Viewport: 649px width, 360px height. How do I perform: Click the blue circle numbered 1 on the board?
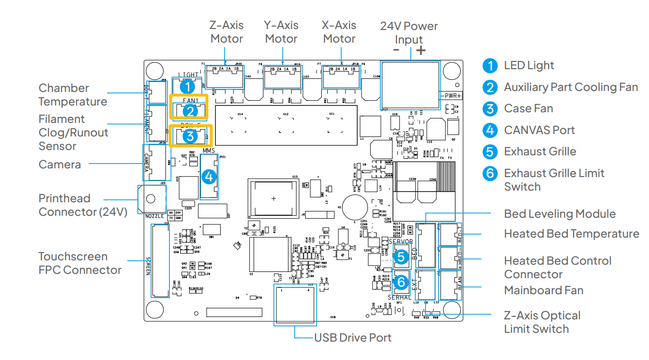(x=187, y=87)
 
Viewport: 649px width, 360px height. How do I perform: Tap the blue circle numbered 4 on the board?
(x=209, y=177)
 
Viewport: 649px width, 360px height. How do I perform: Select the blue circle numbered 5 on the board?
(x=401, y=257)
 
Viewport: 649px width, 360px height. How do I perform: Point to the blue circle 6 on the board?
(x=401, y=282)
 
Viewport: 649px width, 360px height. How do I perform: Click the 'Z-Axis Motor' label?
(x=226, y=32)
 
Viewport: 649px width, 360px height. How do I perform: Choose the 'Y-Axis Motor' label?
(x=281, y=32)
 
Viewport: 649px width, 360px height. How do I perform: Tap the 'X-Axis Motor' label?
(x=339, y=32)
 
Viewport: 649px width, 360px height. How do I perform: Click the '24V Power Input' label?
(x=409, y=33)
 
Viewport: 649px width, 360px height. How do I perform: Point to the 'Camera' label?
(x=60, y=165)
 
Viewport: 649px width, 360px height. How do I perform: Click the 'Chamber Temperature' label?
(x=73, y=95)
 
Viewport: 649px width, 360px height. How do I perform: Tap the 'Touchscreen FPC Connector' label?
(x=80, y=263)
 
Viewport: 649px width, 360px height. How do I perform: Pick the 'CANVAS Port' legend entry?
(x=539, y=130)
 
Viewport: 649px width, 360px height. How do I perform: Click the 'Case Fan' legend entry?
(x=528, y=108)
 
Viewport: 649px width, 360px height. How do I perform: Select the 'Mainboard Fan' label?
(x=543, y=290)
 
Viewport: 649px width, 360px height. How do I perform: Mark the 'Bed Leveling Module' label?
(x=559, y=214)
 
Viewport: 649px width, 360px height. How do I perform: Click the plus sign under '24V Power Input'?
(x=421, y=50)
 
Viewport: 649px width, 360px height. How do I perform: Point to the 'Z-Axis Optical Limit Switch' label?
(x=542, y=322)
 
